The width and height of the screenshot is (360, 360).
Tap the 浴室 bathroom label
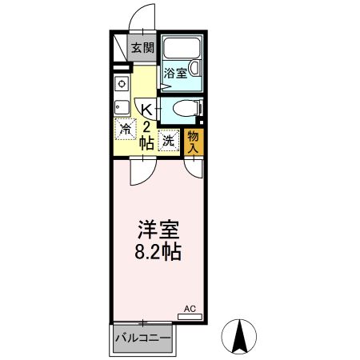click(175, 73)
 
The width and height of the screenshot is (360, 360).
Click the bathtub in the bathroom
click(182, 50)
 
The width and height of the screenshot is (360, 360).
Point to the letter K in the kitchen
click(146, 110)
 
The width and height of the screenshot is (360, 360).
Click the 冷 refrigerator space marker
click(126, 129)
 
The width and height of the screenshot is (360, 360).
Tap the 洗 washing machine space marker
click(169, 139)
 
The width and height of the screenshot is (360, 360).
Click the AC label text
click(190, 307)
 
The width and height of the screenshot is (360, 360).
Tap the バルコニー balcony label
click(142, 338)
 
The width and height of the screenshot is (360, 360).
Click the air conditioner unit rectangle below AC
click(190, 316)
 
